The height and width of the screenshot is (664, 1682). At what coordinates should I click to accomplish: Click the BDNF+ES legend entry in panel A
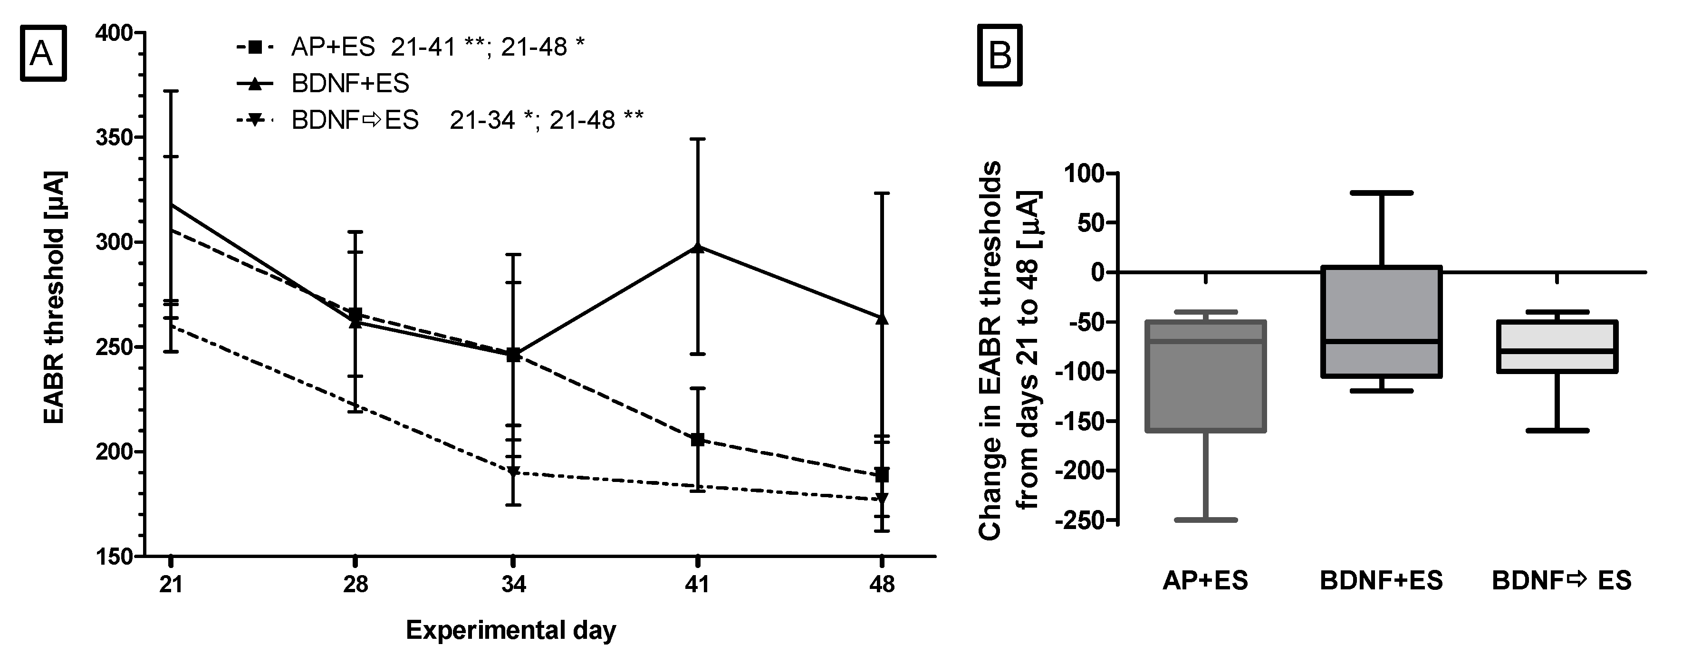(350, 84)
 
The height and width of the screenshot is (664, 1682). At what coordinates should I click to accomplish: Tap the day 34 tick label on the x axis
(513, 584)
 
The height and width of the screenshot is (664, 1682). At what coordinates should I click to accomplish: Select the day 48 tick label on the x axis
(882, 584)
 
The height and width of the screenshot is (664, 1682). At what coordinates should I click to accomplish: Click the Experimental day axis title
(510, 631)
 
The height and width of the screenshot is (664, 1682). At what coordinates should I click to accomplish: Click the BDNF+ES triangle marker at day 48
(882, 318)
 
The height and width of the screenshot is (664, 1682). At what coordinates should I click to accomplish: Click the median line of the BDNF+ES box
(1381, 341)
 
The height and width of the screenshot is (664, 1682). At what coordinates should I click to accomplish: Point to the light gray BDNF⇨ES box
(1557, 346)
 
